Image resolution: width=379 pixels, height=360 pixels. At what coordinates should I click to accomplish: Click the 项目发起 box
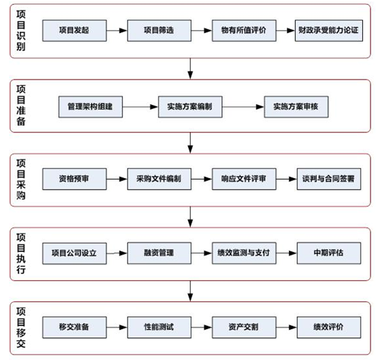pyautogui.click(x=75, y=30)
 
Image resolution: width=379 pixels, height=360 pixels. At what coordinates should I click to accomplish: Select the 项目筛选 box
pyautogui.click(x=159, y=30)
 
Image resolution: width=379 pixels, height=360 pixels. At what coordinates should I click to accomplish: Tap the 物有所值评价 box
pyautogui.click(x=244, y=30)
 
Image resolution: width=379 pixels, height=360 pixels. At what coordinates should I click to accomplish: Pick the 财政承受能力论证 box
pyautogui.click(x=329, y=30)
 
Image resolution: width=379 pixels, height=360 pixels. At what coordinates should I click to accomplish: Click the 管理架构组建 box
pyautogui.click(x=91, y=107)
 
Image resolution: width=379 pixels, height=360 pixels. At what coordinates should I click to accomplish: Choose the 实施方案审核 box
pyautogui.click(x=296, y=107)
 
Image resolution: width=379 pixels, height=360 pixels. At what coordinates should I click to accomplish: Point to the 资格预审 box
pyautogui.click(x=75, y=179)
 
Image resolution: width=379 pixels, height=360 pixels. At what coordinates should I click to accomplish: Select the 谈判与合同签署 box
pyautogui.click(x=329, y=179)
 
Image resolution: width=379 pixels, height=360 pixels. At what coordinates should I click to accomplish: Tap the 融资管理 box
pyautogui.click(x=159, y=253)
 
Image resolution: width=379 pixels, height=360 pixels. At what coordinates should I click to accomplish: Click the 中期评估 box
pyautogui.click(x=329, y=253)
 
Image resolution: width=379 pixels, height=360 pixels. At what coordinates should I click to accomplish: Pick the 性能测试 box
pyautogui.click(x=159, y=328)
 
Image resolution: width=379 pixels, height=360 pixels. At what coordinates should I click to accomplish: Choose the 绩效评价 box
pyautogui.click(x=329, y=328)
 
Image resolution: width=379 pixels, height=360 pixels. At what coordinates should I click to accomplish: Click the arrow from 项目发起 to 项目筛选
pyautogui.click(x=117, y=30)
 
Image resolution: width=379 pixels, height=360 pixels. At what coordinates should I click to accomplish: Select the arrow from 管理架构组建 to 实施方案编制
pyautogui.click(x=140, y=107)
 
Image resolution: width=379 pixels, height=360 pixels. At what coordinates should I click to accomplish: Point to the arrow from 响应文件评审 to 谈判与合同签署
pyautogui.click(x=287, y=179)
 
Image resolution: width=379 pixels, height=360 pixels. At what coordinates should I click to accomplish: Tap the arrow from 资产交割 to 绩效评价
pyautogui.click(x=287, y=328)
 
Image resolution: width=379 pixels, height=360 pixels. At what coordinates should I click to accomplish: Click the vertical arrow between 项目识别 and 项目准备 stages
pyautogui.click(x=190, y=68)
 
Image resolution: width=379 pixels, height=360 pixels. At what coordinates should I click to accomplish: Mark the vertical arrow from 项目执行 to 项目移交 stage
pyautogui.click(x=190, y=291)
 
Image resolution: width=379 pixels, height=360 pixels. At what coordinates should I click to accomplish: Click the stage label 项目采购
pyautogui.click(x=21, y=180)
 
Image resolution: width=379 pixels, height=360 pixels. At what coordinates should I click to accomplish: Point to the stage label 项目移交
pyautogui.click(x=21, y=328)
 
